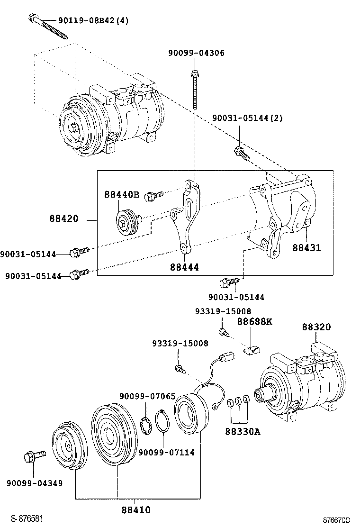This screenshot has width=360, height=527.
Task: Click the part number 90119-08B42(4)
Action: [x=93, y=20]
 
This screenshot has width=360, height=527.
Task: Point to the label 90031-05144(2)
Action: [x=247, y=118]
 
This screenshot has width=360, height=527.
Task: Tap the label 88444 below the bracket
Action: [x=184, y=267]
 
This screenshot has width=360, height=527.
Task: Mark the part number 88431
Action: [x=306, y=248]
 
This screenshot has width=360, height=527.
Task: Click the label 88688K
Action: [x=254, y=321]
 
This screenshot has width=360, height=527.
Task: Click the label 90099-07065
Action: [x=147, y=396]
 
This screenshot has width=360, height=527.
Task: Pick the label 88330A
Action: [x=243, y=432]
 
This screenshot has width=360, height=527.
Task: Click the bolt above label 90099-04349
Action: [x=34, y=458]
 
